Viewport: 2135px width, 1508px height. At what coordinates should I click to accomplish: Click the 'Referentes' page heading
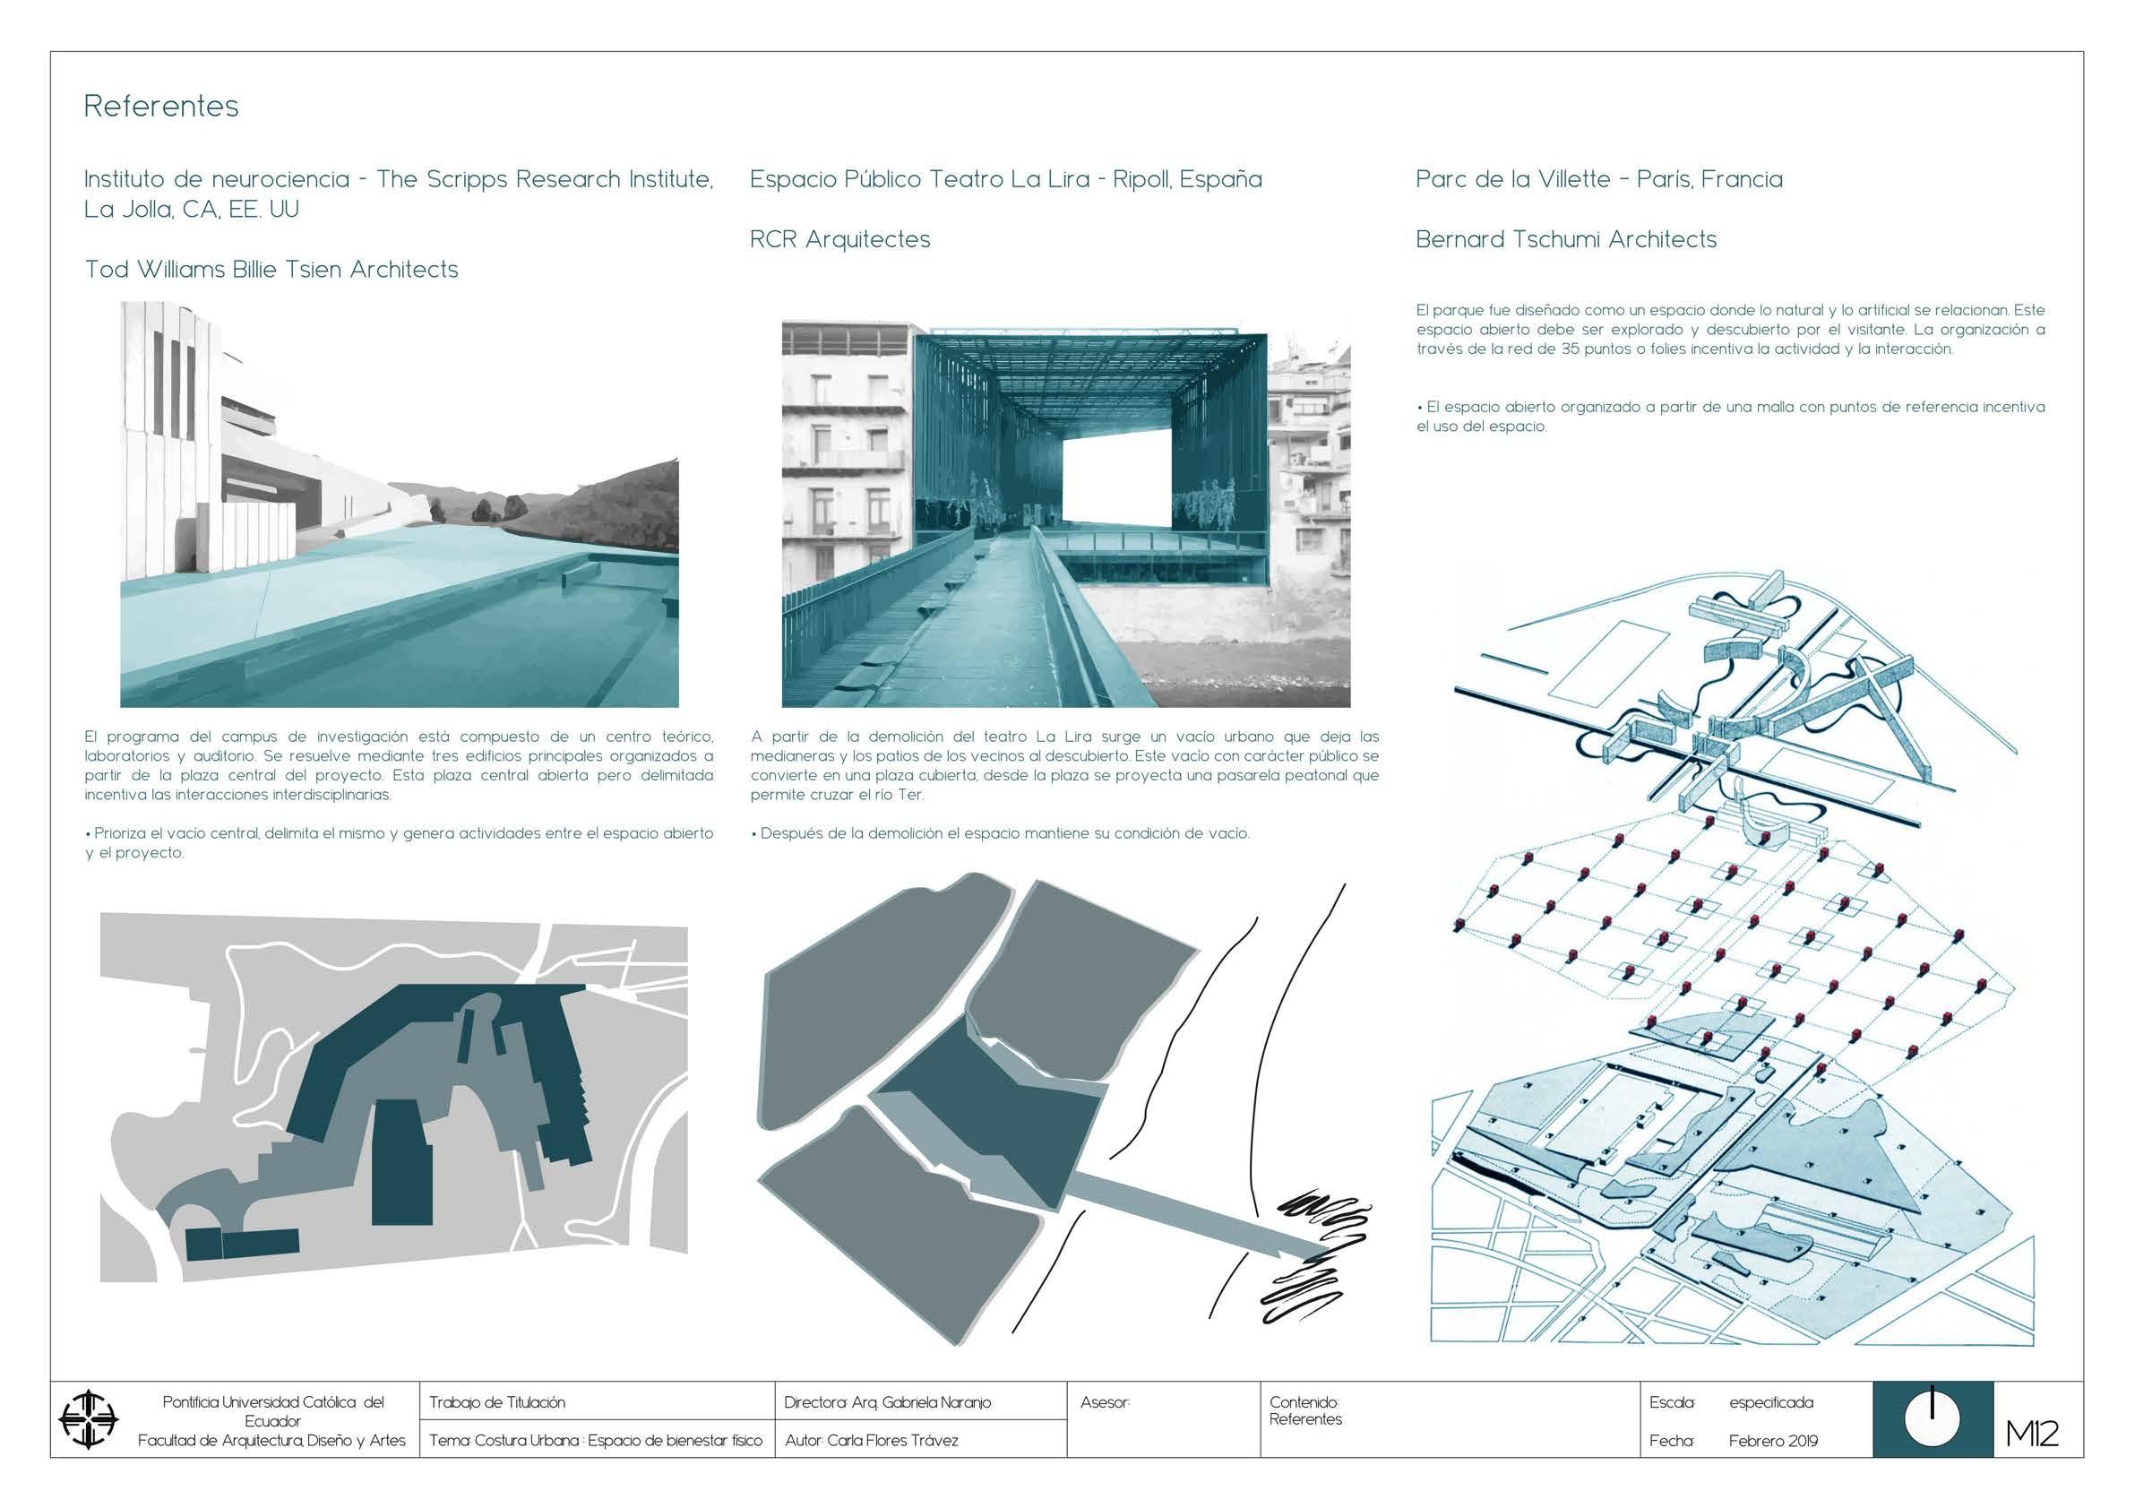coord(161,106)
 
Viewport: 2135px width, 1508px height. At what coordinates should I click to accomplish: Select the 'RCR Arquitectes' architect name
coord(839,239)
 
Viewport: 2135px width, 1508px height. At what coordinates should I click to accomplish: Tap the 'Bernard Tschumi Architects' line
coord(1566,239)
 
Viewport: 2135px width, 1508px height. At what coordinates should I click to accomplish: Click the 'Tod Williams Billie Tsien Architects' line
coord(271,270)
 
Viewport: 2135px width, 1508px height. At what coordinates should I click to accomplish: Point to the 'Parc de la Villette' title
coord(1599,179)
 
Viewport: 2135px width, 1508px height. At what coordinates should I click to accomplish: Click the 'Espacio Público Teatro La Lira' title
coord(1006,179)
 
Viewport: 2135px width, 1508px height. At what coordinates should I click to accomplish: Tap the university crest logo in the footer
coord(89,1419)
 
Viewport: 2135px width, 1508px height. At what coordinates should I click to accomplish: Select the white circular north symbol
coord(1933,1419)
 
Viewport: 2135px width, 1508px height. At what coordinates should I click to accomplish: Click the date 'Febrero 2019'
coord(1772,1441)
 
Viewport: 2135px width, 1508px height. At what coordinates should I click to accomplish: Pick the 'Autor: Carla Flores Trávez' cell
coord(872,1441)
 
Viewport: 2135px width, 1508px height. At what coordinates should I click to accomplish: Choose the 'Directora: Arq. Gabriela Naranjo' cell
coord(887,1402)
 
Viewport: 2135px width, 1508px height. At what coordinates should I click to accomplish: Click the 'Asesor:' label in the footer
coord(1105,1402)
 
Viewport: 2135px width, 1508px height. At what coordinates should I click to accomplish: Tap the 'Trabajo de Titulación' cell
coord(497,1402)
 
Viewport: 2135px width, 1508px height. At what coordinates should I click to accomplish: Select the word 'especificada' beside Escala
coord(1770,1402)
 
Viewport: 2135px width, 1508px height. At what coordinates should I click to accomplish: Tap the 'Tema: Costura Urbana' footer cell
coord(595,1441)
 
